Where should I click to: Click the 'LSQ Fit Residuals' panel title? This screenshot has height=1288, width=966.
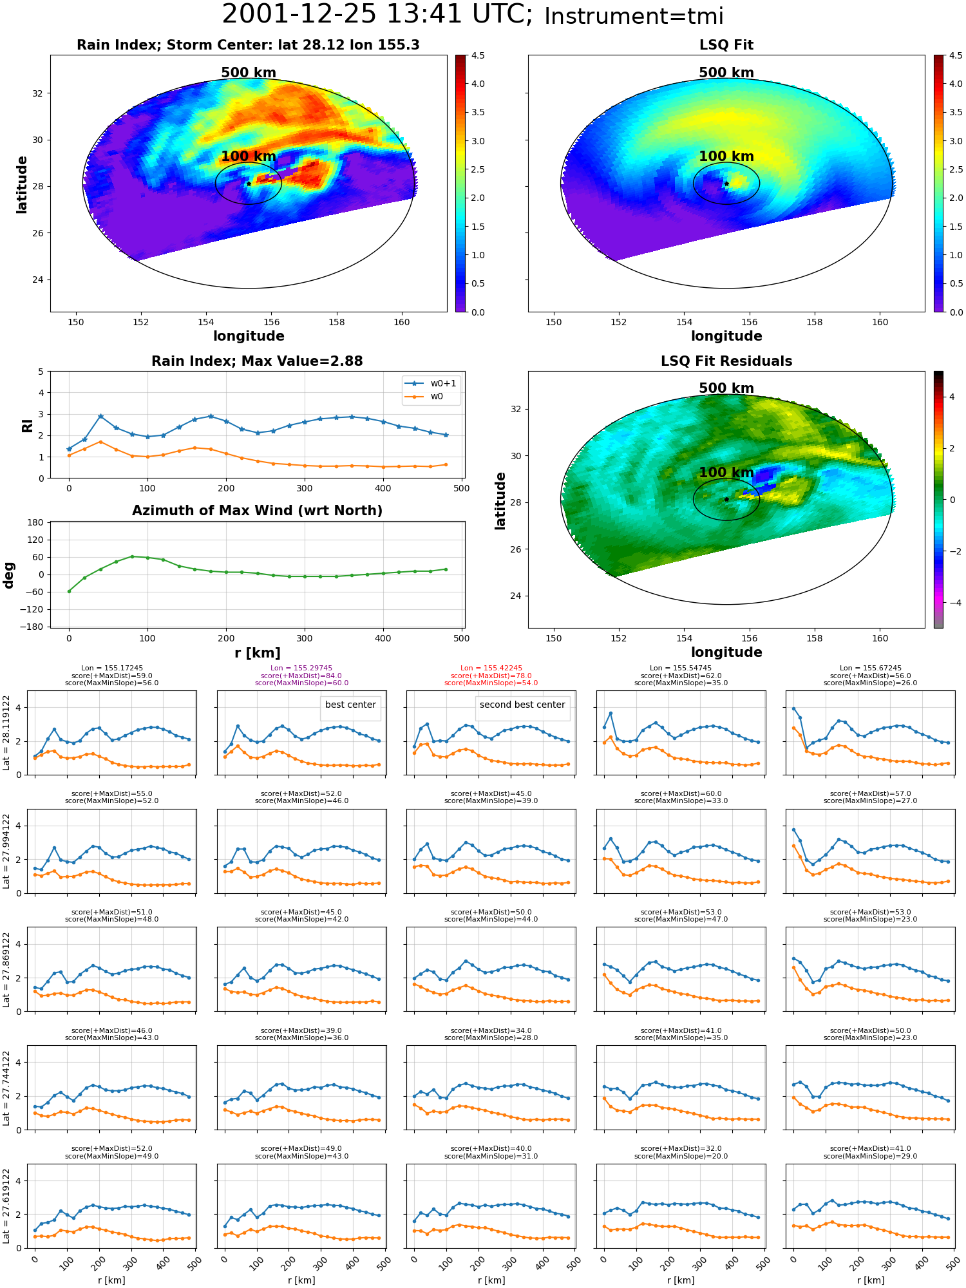[726, 361]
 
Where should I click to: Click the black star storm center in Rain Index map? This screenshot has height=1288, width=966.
[249, 184]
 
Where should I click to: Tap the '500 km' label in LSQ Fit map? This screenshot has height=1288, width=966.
[726, 73]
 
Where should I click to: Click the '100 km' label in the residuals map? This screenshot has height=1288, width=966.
[726, 472]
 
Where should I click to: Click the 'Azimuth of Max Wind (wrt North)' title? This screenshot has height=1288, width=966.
[258, 511]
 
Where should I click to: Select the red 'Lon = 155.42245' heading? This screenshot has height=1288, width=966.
[491, 668]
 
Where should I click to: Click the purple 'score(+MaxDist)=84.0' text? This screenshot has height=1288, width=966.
[301, 676]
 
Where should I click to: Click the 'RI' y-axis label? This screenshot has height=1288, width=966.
[27, 425]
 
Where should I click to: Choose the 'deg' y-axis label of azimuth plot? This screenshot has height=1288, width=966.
[9, 574]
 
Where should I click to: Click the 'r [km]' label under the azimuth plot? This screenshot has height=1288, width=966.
[258, 653]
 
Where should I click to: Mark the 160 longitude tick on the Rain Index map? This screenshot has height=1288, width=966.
[401, 322]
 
